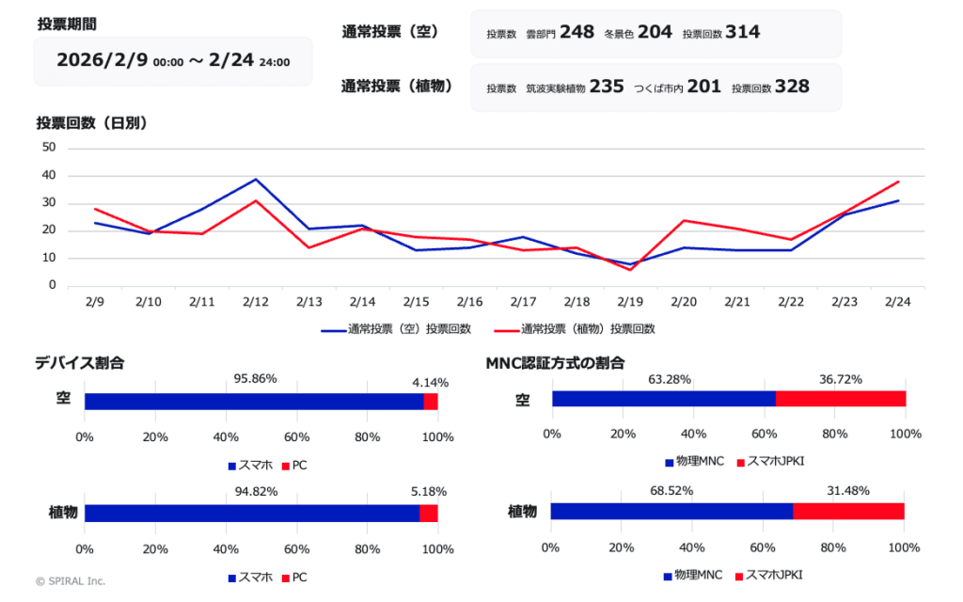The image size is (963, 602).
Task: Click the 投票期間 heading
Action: click(67, 24)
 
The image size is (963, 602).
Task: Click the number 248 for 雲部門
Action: click(576, 32)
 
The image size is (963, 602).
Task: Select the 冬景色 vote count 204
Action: click(655, 32)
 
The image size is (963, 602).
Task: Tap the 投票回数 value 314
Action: click(743, 32)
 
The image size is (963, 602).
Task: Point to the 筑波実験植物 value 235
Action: click(607, 87)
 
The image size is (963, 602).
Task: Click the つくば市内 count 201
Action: click(703, 87)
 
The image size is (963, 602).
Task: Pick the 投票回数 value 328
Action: click(792, 87)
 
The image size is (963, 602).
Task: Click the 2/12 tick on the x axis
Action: click(256, 301)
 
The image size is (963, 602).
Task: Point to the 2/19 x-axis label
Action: click(631, 301)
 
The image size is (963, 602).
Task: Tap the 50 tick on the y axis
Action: click(49, 148)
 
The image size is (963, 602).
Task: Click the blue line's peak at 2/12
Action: click(256, 179)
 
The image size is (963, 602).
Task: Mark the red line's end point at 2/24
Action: click(899, 182)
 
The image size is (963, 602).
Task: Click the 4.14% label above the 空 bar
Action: click(430, 383)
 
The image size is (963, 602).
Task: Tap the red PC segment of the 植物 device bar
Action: click(429, 513)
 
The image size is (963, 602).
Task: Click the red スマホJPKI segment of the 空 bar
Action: click(841, 398)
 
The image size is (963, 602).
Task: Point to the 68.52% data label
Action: click(669, 491)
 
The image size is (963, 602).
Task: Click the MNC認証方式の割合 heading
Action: click(555, 362)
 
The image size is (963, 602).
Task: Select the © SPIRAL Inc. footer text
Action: click(71, 581)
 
